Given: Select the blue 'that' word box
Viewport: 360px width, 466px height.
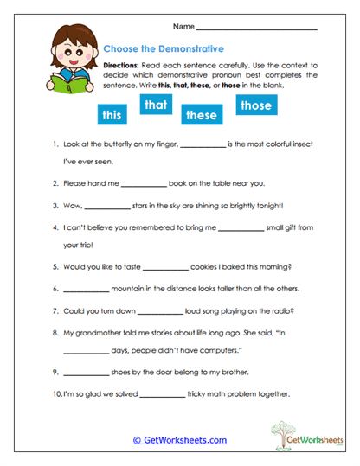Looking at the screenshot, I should [x=155, y=105].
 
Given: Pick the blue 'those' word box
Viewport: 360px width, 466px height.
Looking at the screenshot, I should [x=255, y=105].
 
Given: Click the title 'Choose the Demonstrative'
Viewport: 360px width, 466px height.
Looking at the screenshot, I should [x=163, y=49].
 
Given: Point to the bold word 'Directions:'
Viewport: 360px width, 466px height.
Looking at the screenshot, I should [x=126, y=66].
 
